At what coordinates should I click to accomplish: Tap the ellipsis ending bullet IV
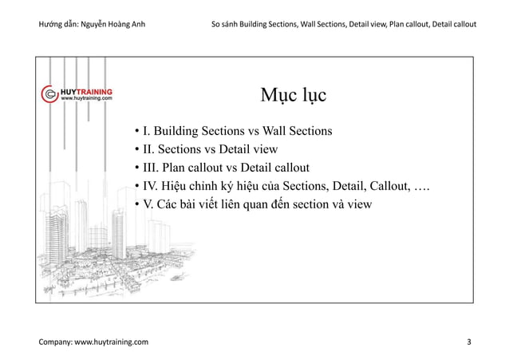[x=421, y=187]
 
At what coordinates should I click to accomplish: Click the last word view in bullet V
[x=358, y=205]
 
